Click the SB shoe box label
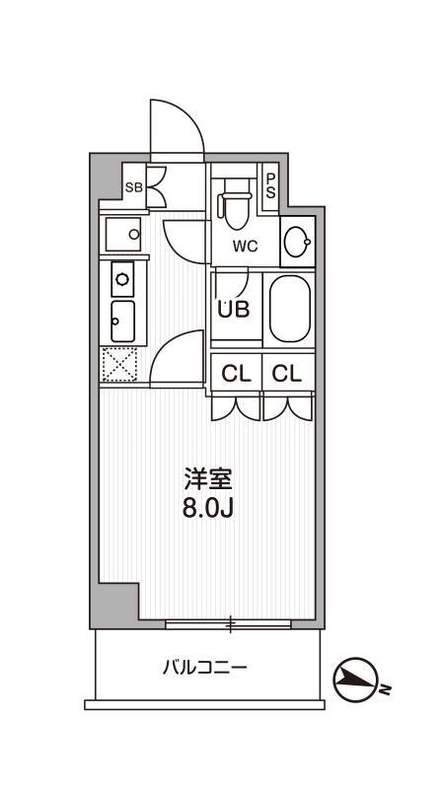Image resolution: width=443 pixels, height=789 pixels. click(x=134, y=187)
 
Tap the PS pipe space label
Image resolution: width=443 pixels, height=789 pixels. click(x=271, y=185)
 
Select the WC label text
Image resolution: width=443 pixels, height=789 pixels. click(x=245, y=247)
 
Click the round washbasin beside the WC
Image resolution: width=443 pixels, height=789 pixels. click(x=297, y=242)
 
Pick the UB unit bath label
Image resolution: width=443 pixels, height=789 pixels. click(x=234, y=310)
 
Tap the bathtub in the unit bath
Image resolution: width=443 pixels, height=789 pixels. click(x=289, y=309)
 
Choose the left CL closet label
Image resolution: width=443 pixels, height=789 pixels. click(x=237, y=373)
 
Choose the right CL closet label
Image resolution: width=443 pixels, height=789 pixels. click(x=287, y=373)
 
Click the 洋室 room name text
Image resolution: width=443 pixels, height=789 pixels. click(x=208, y=478)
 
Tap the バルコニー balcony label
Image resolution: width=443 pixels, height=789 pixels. click(x=205, y=668)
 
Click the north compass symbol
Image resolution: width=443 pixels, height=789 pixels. click(x=355, y=679)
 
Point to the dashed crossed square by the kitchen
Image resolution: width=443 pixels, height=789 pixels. click(x=119, y=364)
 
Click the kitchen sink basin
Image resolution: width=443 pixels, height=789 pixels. click(x=122, y=322)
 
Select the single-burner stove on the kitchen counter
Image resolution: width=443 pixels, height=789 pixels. click(x=122, y=279)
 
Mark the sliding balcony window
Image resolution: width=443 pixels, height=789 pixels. click(x=228, y=625)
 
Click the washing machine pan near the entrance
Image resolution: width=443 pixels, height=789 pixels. click(x=122, y=234)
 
